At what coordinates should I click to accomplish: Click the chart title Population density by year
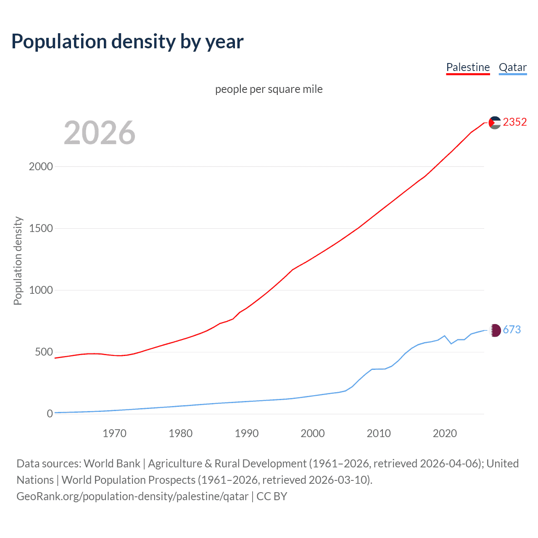coord(127,42)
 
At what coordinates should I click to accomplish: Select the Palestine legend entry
coord(468,67)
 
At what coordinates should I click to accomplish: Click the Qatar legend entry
coord(512,67)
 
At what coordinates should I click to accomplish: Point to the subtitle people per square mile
coord(269,89)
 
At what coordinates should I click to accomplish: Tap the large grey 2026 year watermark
coord(100,133)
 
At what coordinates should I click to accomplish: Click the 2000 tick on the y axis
coord(41,166)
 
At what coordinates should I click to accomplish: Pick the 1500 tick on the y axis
coord(41,228)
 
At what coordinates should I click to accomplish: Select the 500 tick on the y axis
coord(44,352)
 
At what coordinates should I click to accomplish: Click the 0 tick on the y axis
coord(50,414)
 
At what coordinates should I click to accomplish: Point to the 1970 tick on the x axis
coord(114,433)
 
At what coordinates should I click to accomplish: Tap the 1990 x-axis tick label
coord(247,433)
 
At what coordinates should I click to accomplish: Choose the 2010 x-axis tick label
coord(379,433)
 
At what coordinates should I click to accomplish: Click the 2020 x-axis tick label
coord(445,433)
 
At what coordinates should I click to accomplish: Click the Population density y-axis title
coord(18,261)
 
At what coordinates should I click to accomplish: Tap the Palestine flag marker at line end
coord(495,123)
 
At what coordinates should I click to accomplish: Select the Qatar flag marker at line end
coord(496,330)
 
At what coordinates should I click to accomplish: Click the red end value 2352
coord(514,122)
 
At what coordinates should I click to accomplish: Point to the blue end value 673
coord(512,330)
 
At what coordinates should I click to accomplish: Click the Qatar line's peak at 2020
coord(445,336)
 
